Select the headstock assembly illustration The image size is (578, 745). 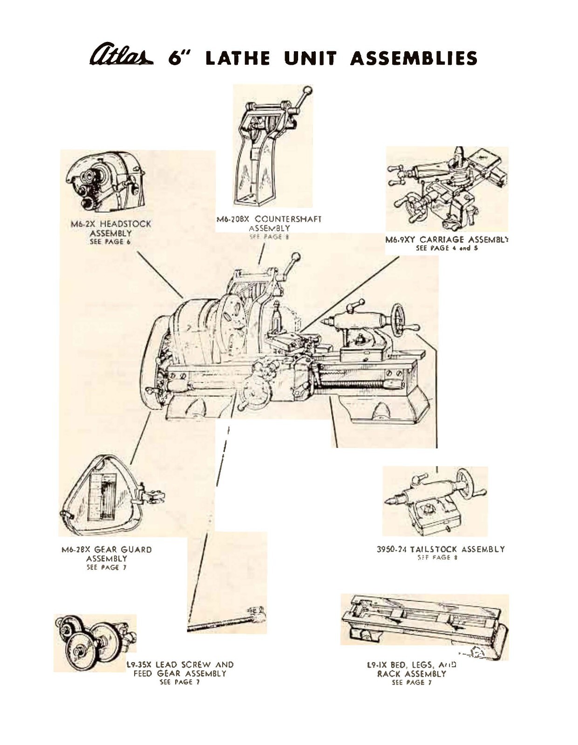click(103, 182)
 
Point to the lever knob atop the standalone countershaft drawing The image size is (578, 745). click(307, 90)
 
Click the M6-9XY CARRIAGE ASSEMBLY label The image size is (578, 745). click(447, 240)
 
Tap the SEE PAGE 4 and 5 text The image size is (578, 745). click(447, 249)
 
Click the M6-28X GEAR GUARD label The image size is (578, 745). click(107, 549)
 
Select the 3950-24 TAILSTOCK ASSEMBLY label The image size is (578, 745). click(441, 549)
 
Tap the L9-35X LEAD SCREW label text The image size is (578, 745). click(180, 664)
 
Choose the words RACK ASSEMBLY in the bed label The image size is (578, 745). click(411, 674)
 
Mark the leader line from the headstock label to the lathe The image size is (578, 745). click(160, 275)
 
